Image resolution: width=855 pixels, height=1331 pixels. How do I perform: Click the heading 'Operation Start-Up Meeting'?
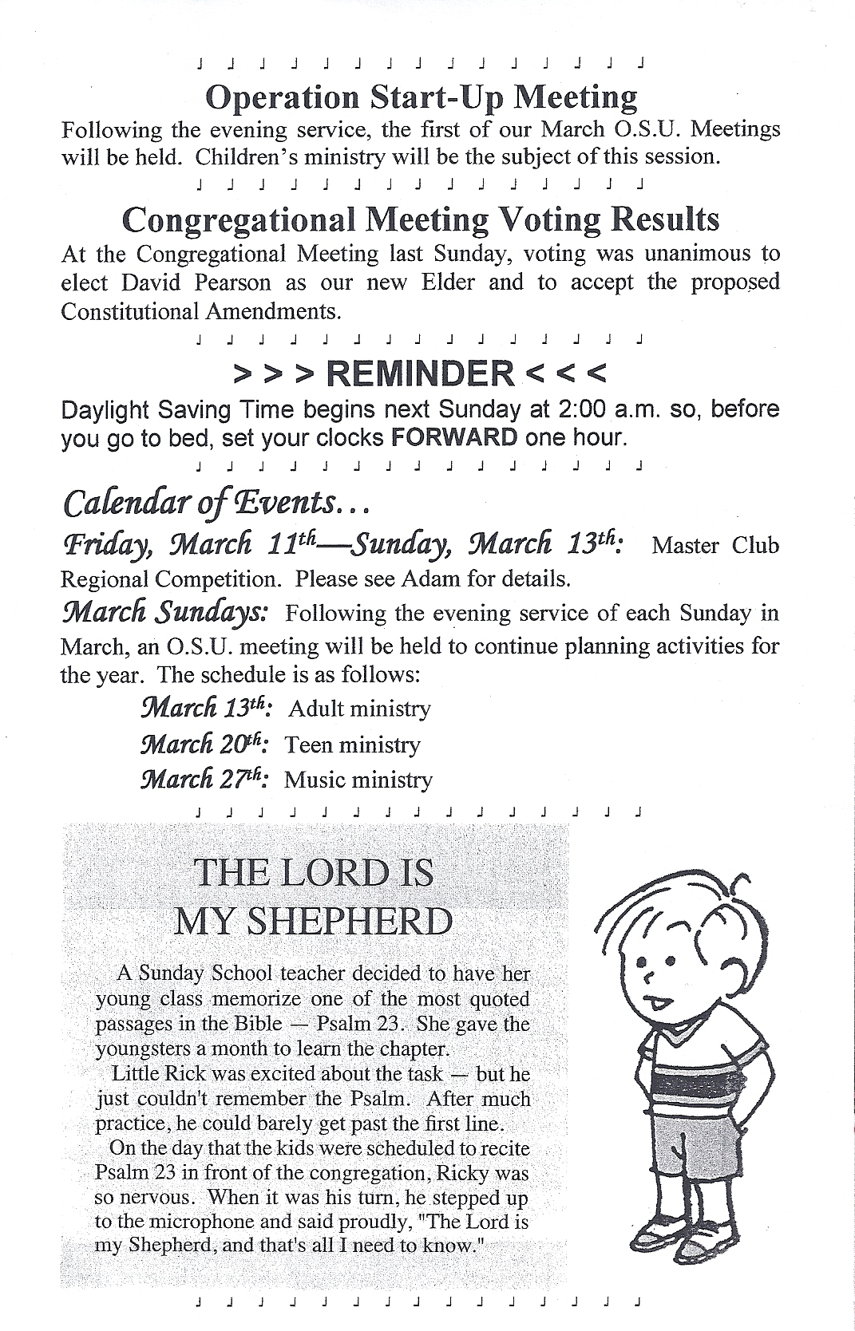(422, 97)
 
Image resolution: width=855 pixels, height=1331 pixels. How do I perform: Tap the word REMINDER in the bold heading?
(421, 373)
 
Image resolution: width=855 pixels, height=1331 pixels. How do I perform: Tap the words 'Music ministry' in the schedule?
(358, 780)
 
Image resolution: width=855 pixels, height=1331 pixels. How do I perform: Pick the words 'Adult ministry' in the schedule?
(359, 709)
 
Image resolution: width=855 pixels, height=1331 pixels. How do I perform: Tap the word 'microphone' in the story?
(177, 1222)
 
